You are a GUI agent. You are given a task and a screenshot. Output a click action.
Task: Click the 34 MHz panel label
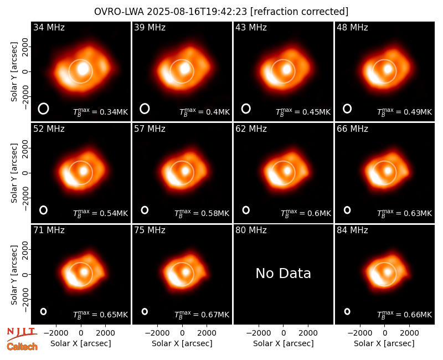pyautogui.click(x=49, y=27)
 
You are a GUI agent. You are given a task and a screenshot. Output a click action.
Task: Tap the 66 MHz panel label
pyautogui.click(x=352, y=129)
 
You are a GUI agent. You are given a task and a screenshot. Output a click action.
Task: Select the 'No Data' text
pyautogui.click(x=283, y=273)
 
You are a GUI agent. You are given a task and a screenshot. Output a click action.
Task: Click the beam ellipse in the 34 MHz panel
pyautogui.click(x=44, y=109)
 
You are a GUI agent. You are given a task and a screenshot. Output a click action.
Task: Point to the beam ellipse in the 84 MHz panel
pyautogui.click(x=347, y=311)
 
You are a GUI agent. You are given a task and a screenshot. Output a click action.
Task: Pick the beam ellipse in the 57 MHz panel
pyautogui.click(x=145, y=210)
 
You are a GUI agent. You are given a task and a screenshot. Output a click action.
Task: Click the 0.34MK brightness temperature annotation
pyautogui.click(x=101, y=112)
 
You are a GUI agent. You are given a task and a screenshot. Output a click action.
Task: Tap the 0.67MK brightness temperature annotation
pyautogui.click(x=202, y=315)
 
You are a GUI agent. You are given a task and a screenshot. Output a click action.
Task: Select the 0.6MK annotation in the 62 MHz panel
pyautogui.click(x=306, y=213)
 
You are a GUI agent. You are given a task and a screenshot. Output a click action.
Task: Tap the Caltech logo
pyautogui.click(x=22, y=347)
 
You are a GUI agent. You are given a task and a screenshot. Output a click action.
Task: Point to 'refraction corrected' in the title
pyautogui.click(x=300, y=12)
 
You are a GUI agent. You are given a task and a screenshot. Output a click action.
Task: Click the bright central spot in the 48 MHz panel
pyautogui.click(x=388, y=69)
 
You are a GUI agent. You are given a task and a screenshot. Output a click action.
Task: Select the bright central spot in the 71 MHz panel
pyautogui.click(x=84, y=272)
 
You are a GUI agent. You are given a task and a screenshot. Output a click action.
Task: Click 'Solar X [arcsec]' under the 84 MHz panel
pyautogui.click(x=384, y=343)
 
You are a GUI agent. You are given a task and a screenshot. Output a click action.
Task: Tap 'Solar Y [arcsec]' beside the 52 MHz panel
pyautogui.click(x=14, y=173)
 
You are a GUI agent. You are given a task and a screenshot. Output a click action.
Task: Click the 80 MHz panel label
pyautogui.click(x=251, y=230)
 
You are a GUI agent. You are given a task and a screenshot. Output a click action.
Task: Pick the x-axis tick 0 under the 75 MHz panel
pyautogui.click(x=182, y=333)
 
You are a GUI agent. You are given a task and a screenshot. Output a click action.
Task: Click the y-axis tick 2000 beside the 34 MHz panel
pyautogui.click(x=25, y=47)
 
